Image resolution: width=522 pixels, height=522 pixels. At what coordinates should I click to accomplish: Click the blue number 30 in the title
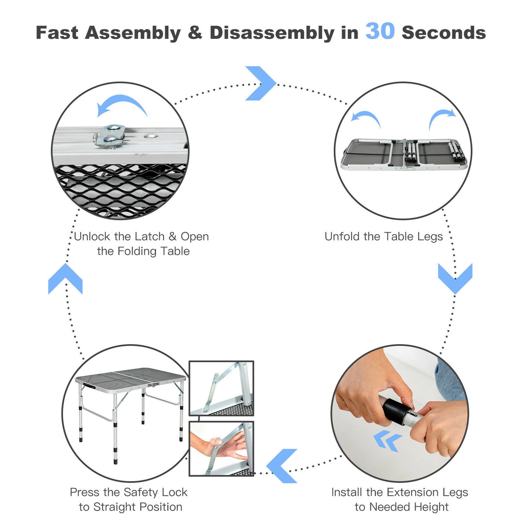point(380,32)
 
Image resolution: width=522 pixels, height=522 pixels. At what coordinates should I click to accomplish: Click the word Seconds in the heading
point(444,33)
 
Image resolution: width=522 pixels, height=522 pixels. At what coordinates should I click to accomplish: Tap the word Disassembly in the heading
point(272,33)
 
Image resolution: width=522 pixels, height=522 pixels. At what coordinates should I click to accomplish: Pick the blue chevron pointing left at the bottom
point(282,466)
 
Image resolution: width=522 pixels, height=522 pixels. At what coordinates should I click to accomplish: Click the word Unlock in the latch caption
point(92,237)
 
